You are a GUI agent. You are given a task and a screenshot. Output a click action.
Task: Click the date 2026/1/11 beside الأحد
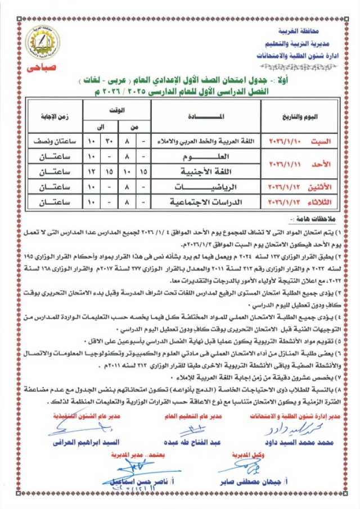coord(287,163)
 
